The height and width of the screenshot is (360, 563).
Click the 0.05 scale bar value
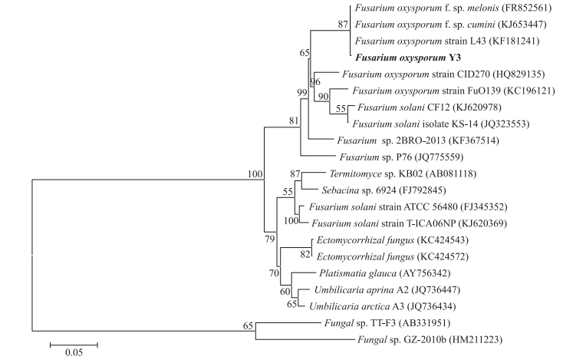[x=74, y=353]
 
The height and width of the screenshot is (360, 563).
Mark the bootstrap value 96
[x=314, y=81]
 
